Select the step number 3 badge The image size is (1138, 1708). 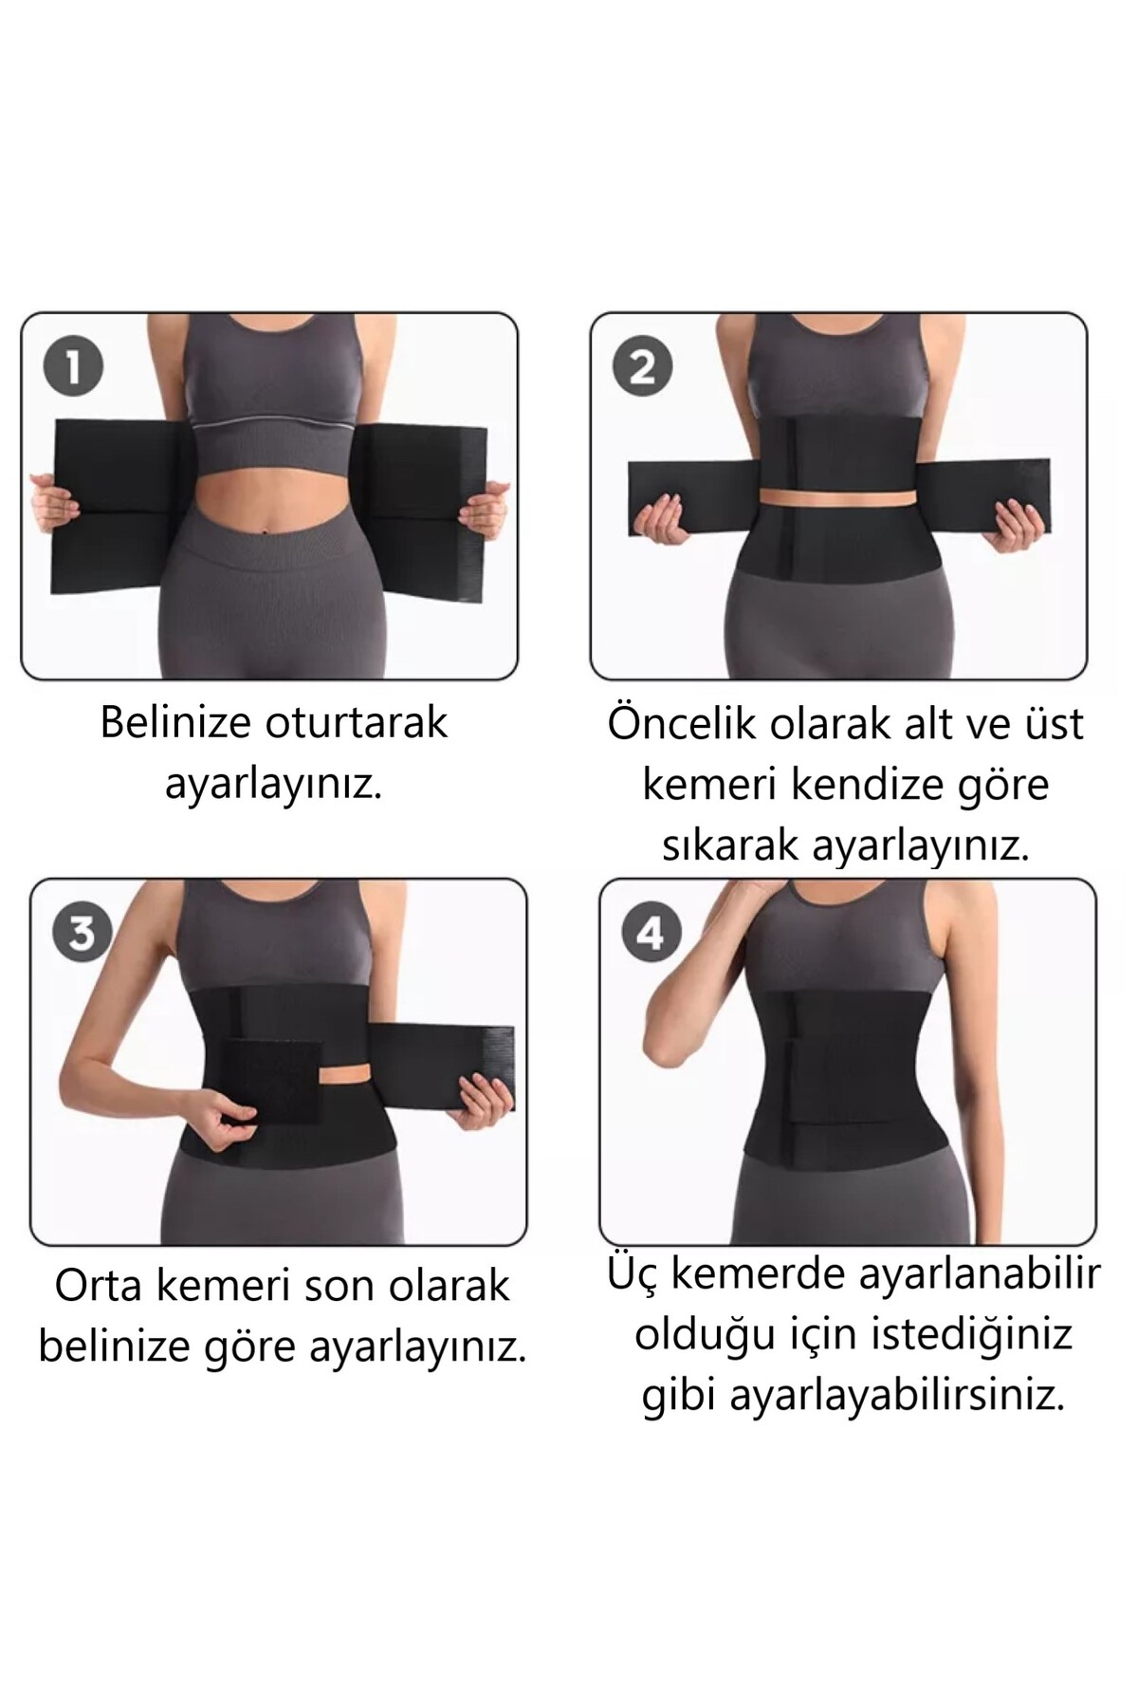click(83, 932)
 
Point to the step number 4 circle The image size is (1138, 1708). click(651, 932)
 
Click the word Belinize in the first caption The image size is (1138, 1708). click(176, 722)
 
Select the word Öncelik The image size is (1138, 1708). click(683, 723)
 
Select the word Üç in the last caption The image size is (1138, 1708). click(633, 1272)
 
